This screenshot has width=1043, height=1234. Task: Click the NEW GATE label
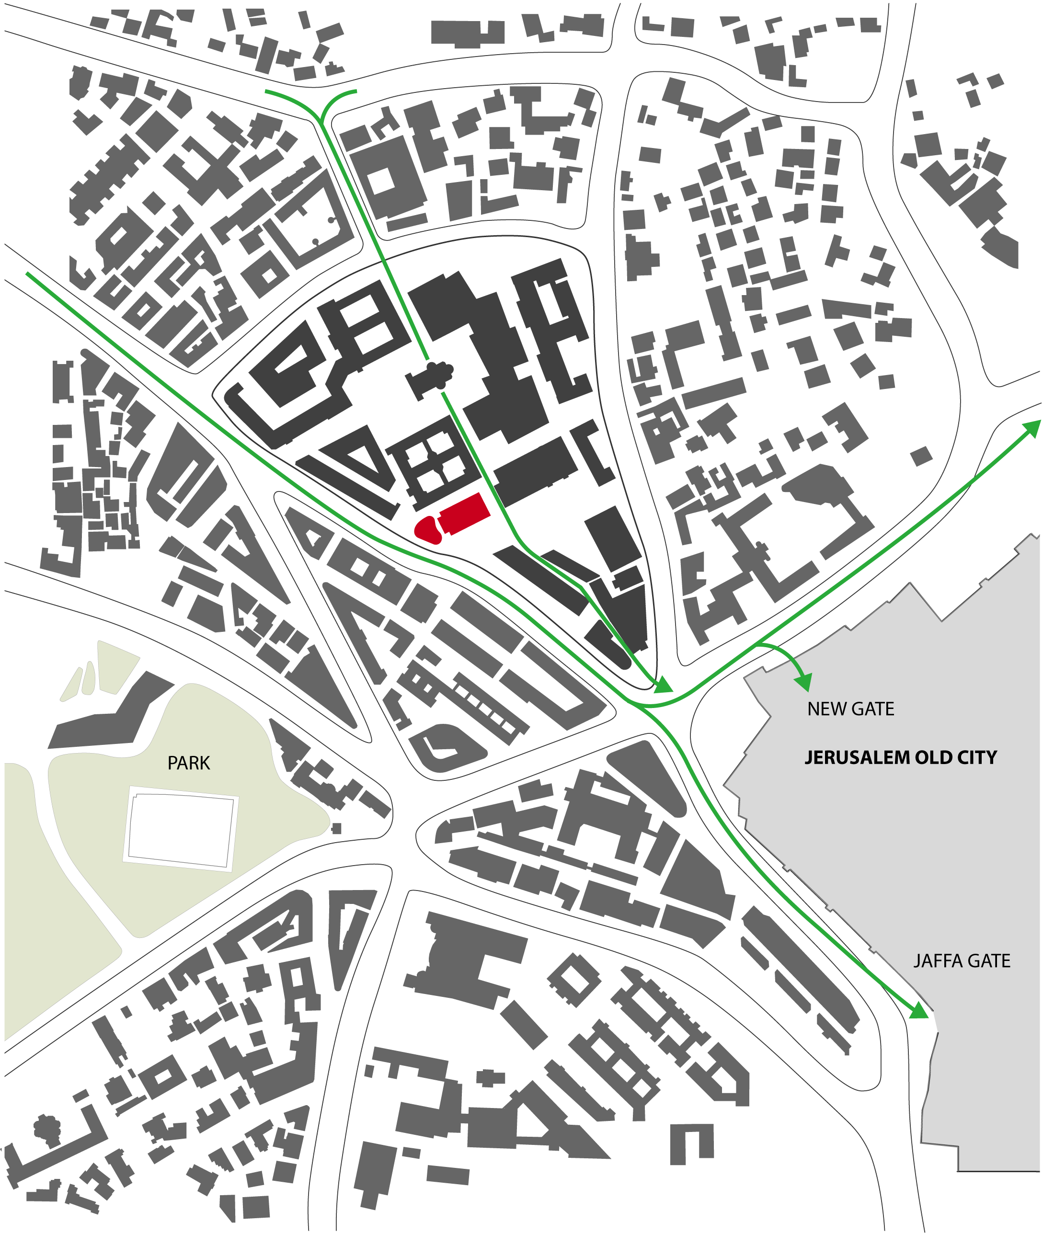pyautogui.click(x=850, y=709)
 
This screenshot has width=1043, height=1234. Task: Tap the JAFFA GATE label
pyautogui.click(x=962, y=961)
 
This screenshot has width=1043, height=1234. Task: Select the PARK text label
pyautogui.click(x=189, y=763)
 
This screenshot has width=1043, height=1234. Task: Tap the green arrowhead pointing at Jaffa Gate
pyautogui.click(x=918, y=1010)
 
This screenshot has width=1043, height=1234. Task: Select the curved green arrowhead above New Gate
pyautogui.click(x=803, y=683)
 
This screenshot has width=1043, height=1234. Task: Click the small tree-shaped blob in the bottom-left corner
pyautogui.click(x=46, y=1128)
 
